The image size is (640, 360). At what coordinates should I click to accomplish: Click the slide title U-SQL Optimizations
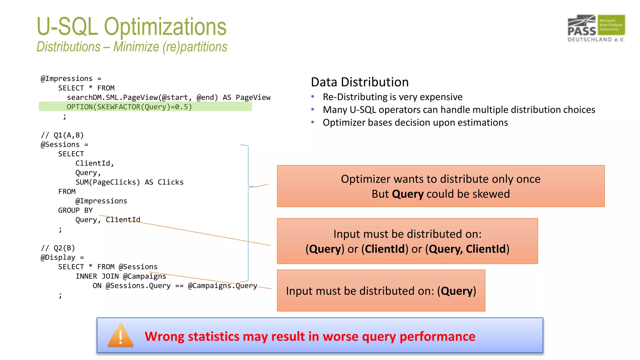click(131, 27)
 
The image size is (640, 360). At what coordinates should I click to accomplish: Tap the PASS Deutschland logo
click(596, 28)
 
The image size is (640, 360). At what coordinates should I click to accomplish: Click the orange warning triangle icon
click(120, 336)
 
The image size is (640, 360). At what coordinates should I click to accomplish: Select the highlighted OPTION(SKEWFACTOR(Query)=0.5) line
click(129, 107)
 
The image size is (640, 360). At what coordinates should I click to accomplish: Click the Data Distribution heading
click(360, 82)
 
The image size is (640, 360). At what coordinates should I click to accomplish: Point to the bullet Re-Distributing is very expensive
click(392, 97)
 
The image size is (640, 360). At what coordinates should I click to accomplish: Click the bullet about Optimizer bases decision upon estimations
click(415, 122)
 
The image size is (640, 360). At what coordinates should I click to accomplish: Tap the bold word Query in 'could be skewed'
click(407, 194)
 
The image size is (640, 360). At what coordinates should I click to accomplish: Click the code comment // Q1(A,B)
click(62, 135)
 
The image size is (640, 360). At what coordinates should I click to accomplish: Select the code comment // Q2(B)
click(58, 248)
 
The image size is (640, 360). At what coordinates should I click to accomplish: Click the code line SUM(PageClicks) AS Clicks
click(129, 182)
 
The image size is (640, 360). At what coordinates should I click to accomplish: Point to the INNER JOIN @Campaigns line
click(121, 276)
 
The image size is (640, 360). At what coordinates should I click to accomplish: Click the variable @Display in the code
click(58, 257)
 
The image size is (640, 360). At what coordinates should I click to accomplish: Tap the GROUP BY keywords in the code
click(75, 210)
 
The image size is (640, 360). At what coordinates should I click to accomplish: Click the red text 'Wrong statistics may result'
click(309, 337)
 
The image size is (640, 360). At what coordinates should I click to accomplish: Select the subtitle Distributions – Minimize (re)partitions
click(132, 47)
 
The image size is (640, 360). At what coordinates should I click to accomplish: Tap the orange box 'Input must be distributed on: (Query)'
click(381, 291)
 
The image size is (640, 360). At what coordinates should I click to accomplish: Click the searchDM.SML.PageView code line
click(169, 97)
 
